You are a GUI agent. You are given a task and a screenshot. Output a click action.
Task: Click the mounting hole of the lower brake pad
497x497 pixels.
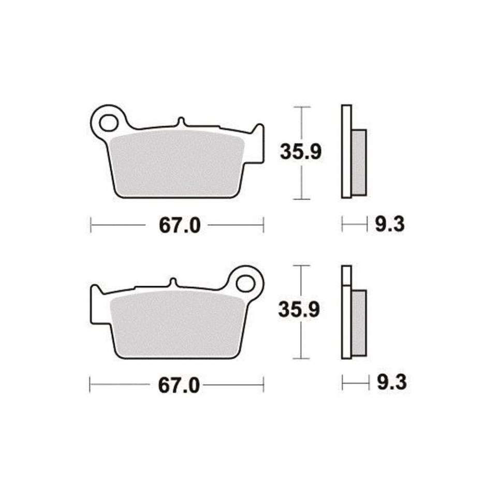pyautogui.click(x=245, y=284)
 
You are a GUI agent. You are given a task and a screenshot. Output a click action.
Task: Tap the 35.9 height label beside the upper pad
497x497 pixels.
pyautogui.click(x=300, y=152)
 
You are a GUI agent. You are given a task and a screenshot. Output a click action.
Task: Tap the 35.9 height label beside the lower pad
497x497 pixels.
pyautogui.click(x=299, y=310)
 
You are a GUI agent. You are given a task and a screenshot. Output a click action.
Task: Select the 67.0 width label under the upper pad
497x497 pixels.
pyautogui.click(x=180, y=226)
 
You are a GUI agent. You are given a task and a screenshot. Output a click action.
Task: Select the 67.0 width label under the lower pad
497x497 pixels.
pyautogui.click(x=179, y=386)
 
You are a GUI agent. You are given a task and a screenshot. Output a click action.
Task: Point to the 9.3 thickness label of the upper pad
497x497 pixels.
pyautogui.click(x=390, y=224)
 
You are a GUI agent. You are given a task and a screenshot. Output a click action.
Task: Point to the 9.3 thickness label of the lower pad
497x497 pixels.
pyautogui.click(x=392, y=383)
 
